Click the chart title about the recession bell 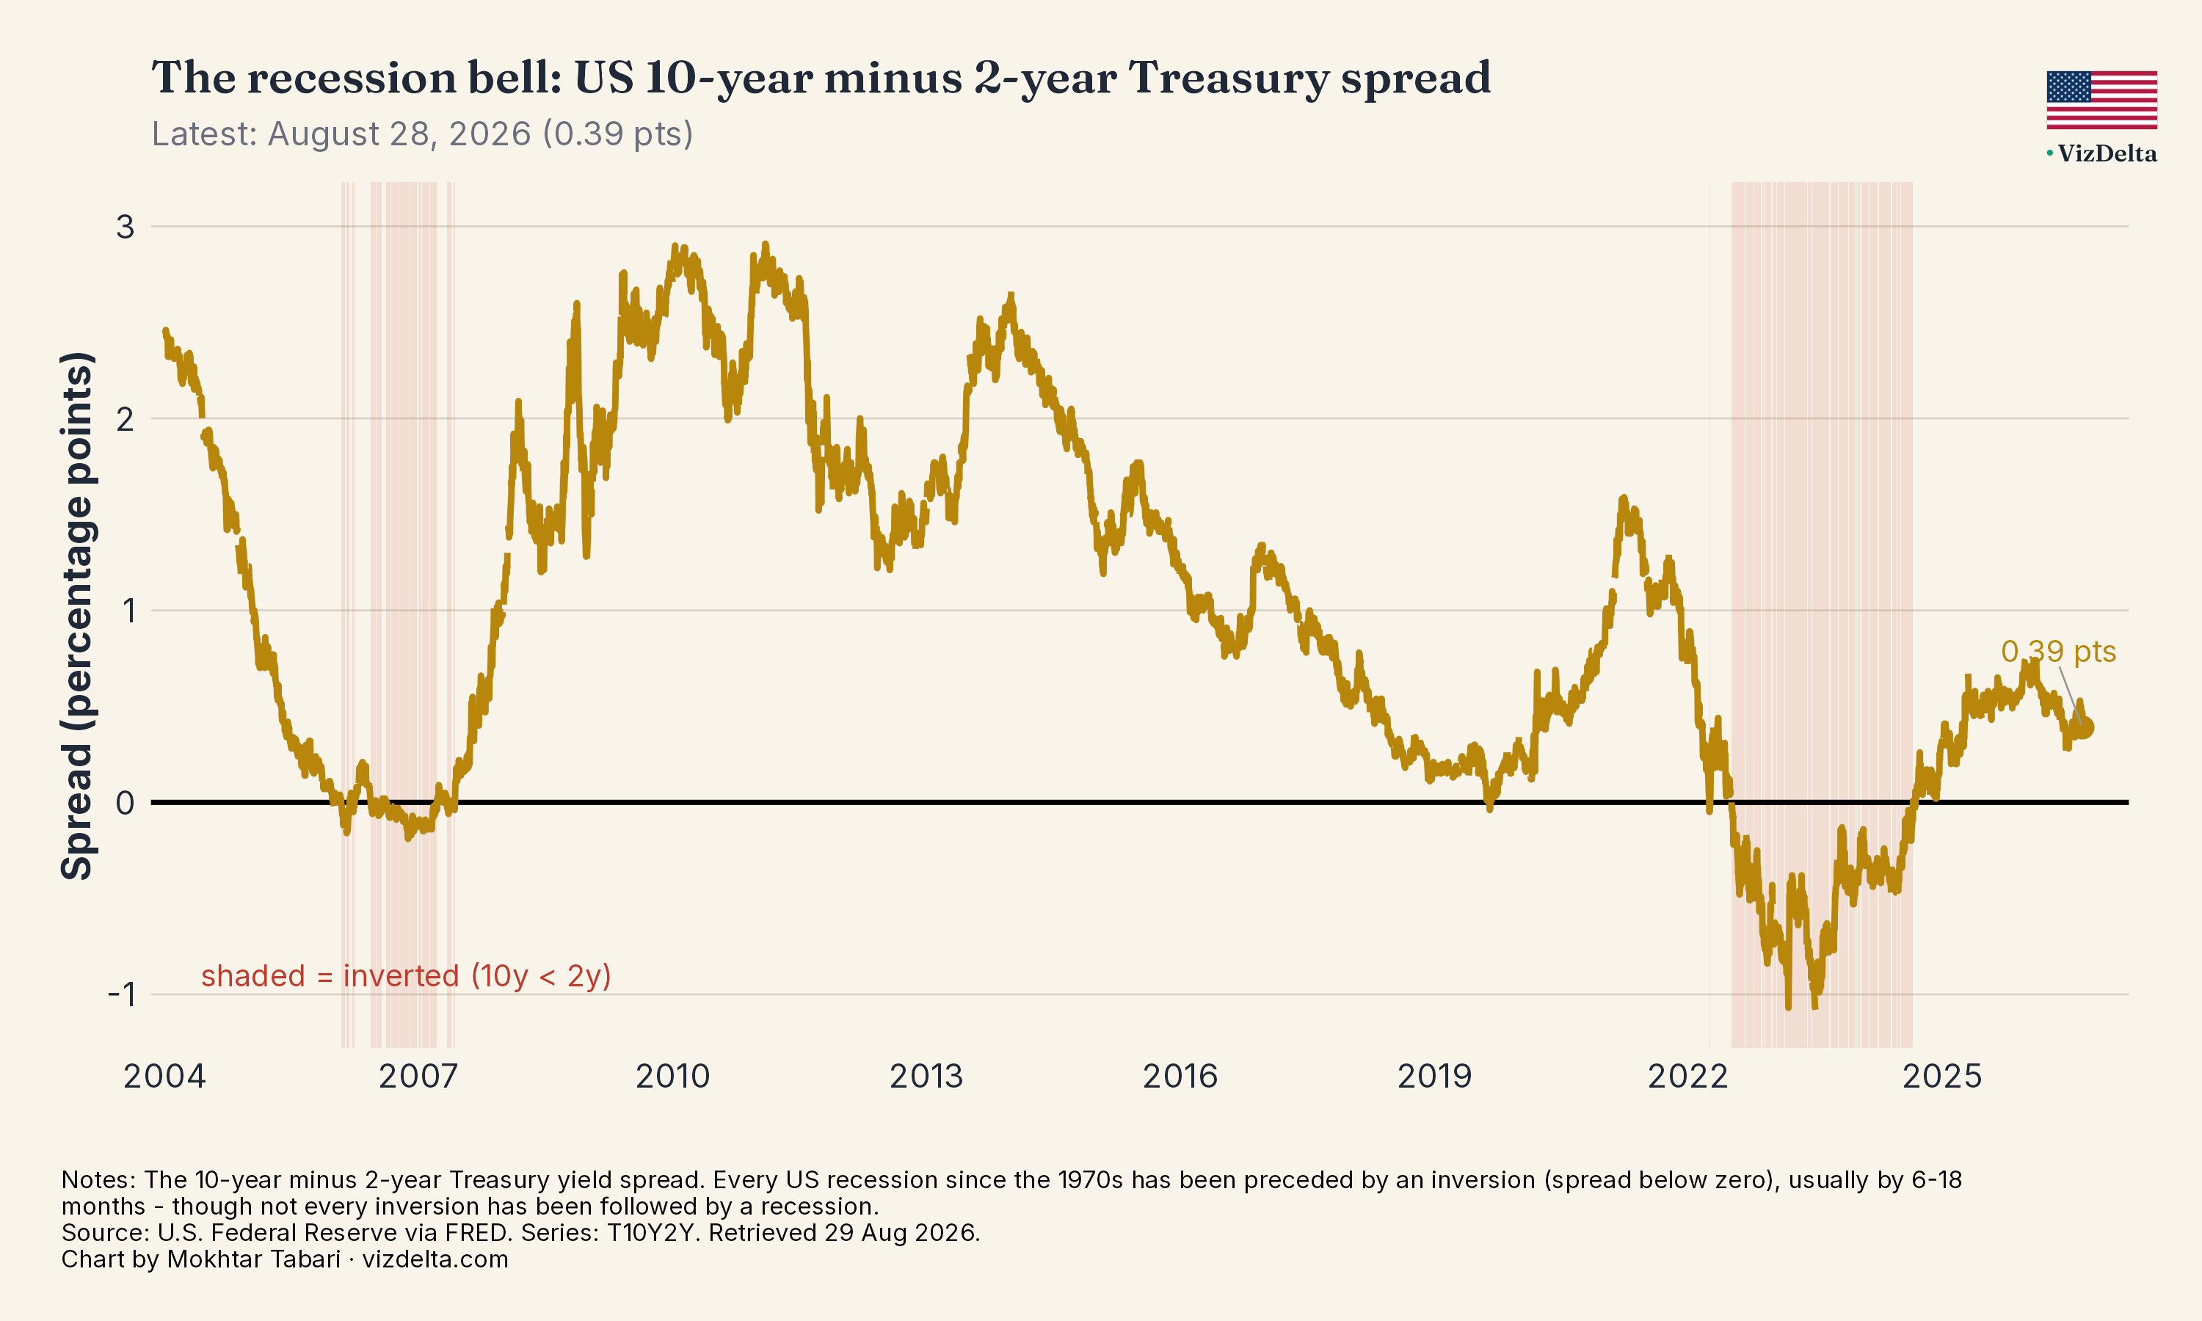point(821,78)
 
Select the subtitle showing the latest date point(422,134)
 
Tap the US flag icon point(2101,100)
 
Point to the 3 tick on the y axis point(126,227)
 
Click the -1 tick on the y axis point(122,994)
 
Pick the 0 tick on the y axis point(126,803)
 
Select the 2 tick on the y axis point(126,418)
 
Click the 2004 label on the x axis point(164,1076)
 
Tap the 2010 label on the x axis point(673,1076)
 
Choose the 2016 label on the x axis point(1180,1076)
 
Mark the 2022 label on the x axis point(1688,1076)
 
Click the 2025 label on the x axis point(1942,1076)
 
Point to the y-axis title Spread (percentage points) point(77,616)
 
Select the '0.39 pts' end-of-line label point(2058,652)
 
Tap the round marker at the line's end point(2084,728)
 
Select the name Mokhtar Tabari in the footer point(254,1259)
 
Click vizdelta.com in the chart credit point(435,1259)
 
